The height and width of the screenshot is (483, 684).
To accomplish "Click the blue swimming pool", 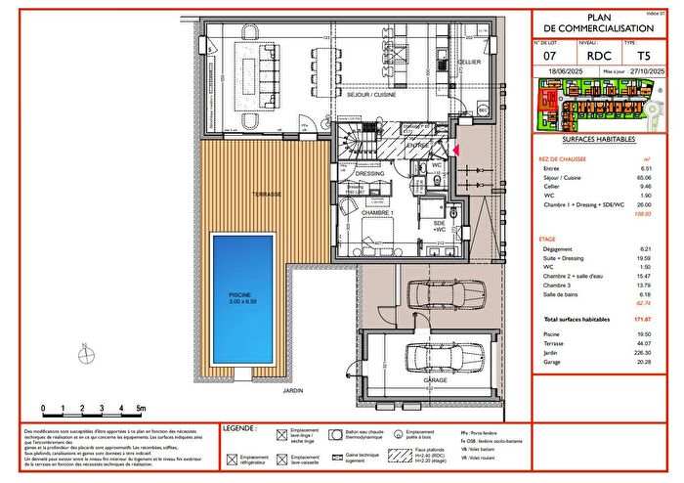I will pyautogui.click(x=249, y=300).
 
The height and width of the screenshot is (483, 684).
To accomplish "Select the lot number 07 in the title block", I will pyautogui.click(x=549, y=56).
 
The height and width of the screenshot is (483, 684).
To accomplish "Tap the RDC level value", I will pyautogui.click(x=599, y=56).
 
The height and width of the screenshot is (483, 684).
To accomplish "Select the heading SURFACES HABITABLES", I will pyautogui.click(x=599, y=142).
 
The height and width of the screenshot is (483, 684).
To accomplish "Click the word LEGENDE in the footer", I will pyautogui.click(x=239, y=428).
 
